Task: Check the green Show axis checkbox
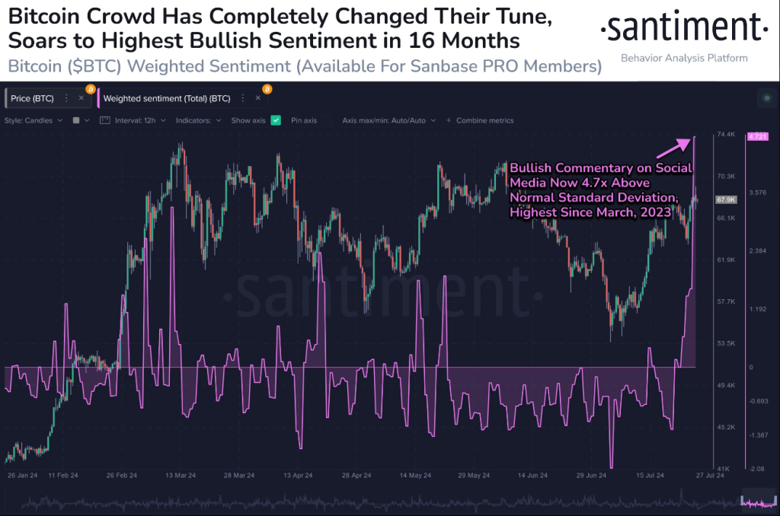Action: [276, 120]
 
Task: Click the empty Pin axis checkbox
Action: [326, 120]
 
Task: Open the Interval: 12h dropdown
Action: [136, 120]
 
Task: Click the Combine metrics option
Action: [484, 120]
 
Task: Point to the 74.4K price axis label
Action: [725, 135]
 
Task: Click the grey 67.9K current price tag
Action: [726, 199]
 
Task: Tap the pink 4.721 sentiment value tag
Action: [758, 136]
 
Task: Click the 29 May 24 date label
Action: [472, 475]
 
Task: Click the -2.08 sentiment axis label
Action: [756, 469]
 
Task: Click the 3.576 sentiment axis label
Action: [757, 193]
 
